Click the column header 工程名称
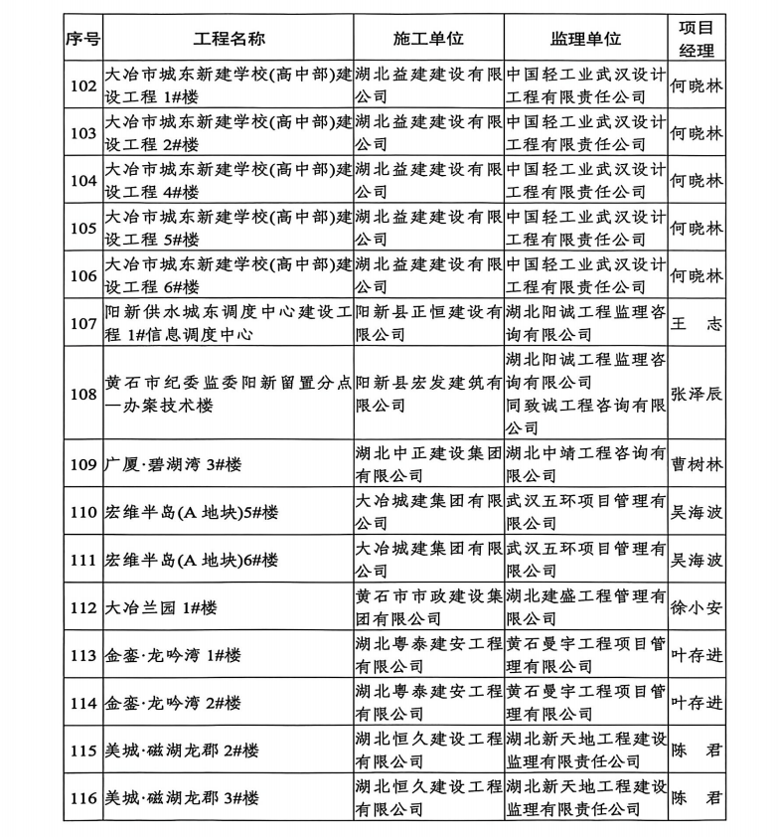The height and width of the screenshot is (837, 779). [228, 39]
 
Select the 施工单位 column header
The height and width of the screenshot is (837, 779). [428, 39]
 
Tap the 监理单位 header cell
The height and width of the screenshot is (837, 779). [585, 39]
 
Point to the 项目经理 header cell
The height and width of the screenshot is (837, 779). [697, 39]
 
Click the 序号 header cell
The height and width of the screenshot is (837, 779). [83, 39]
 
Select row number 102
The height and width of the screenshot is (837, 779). [83, 85]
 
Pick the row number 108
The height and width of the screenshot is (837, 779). [83, 394]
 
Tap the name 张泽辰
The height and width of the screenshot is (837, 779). [697, 394]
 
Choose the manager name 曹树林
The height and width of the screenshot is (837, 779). [697, 464]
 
